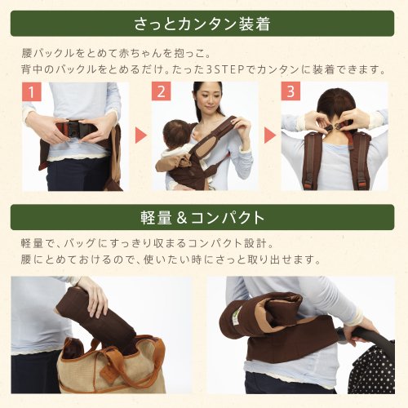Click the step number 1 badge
click(x=32, y=91)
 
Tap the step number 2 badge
click(x=161, y=91)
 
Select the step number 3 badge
click(x=290, y=91)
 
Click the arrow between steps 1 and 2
click(x=141, y=135)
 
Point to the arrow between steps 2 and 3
click(x=270, y=135)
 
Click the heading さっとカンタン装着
click(x=202, y=24)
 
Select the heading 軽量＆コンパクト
click(x=202, y=218)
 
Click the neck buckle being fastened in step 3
click(x=336, y=126)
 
